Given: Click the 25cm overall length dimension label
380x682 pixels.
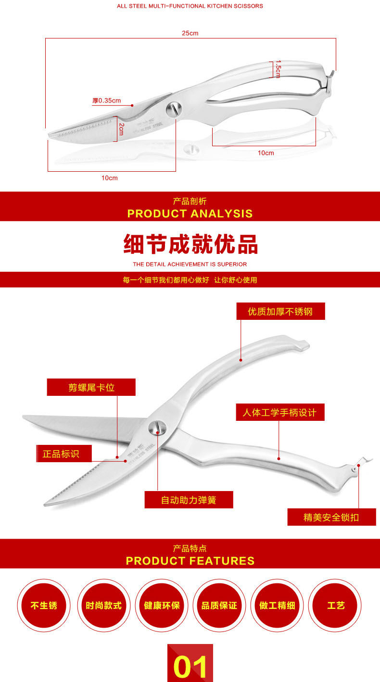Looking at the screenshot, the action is [190, 33].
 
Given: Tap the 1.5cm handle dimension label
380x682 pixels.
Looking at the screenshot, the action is [278, 69].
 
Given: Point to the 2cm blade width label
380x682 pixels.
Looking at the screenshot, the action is [121, 129].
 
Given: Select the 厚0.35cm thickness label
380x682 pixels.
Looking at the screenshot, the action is [107, 101].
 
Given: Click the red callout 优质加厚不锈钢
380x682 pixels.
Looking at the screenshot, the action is [280, 312].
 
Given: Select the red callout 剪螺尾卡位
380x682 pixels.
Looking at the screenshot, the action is [91, 387].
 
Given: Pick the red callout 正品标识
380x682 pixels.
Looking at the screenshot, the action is [63, 454].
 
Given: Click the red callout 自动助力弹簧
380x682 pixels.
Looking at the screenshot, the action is [189, 500].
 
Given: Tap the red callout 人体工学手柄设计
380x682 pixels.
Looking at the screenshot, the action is [280, 412].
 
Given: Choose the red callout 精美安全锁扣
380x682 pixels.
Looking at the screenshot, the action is [331, 517].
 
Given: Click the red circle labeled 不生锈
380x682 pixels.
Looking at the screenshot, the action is [44, 605].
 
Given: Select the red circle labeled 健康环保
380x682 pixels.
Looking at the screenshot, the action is [162, 605].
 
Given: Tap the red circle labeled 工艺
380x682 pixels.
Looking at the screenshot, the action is [335, 605].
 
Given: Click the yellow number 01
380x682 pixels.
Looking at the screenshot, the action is [190, 666].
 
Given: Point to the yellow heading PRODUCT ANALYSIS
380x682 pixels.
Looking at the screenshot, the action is [190, 214].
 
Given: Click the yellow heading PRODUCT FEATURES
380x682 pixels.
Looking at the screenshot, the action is [190, 561].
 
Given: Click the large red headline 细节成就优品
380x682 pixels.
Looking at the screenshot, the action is [190, 244].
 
